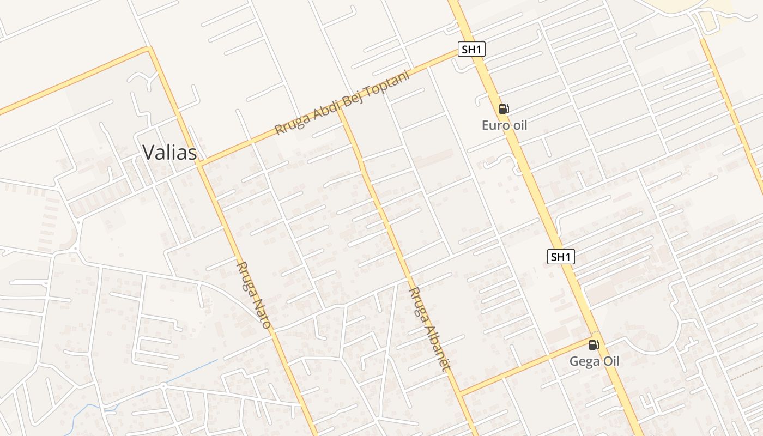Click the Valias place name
tap(169, 153)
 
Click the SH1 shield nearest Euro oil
tap(471, 50)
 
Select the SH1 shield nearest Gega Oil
tap(561, 257)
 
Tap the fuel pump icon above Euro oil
tap(504, 109)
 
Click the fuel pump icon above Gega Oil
tap(594, 344)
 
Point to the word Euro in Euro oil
tap(494, 125)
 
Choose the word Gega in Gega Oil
tap(582, 361)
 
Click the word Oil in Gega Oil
tap(609, 361)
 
